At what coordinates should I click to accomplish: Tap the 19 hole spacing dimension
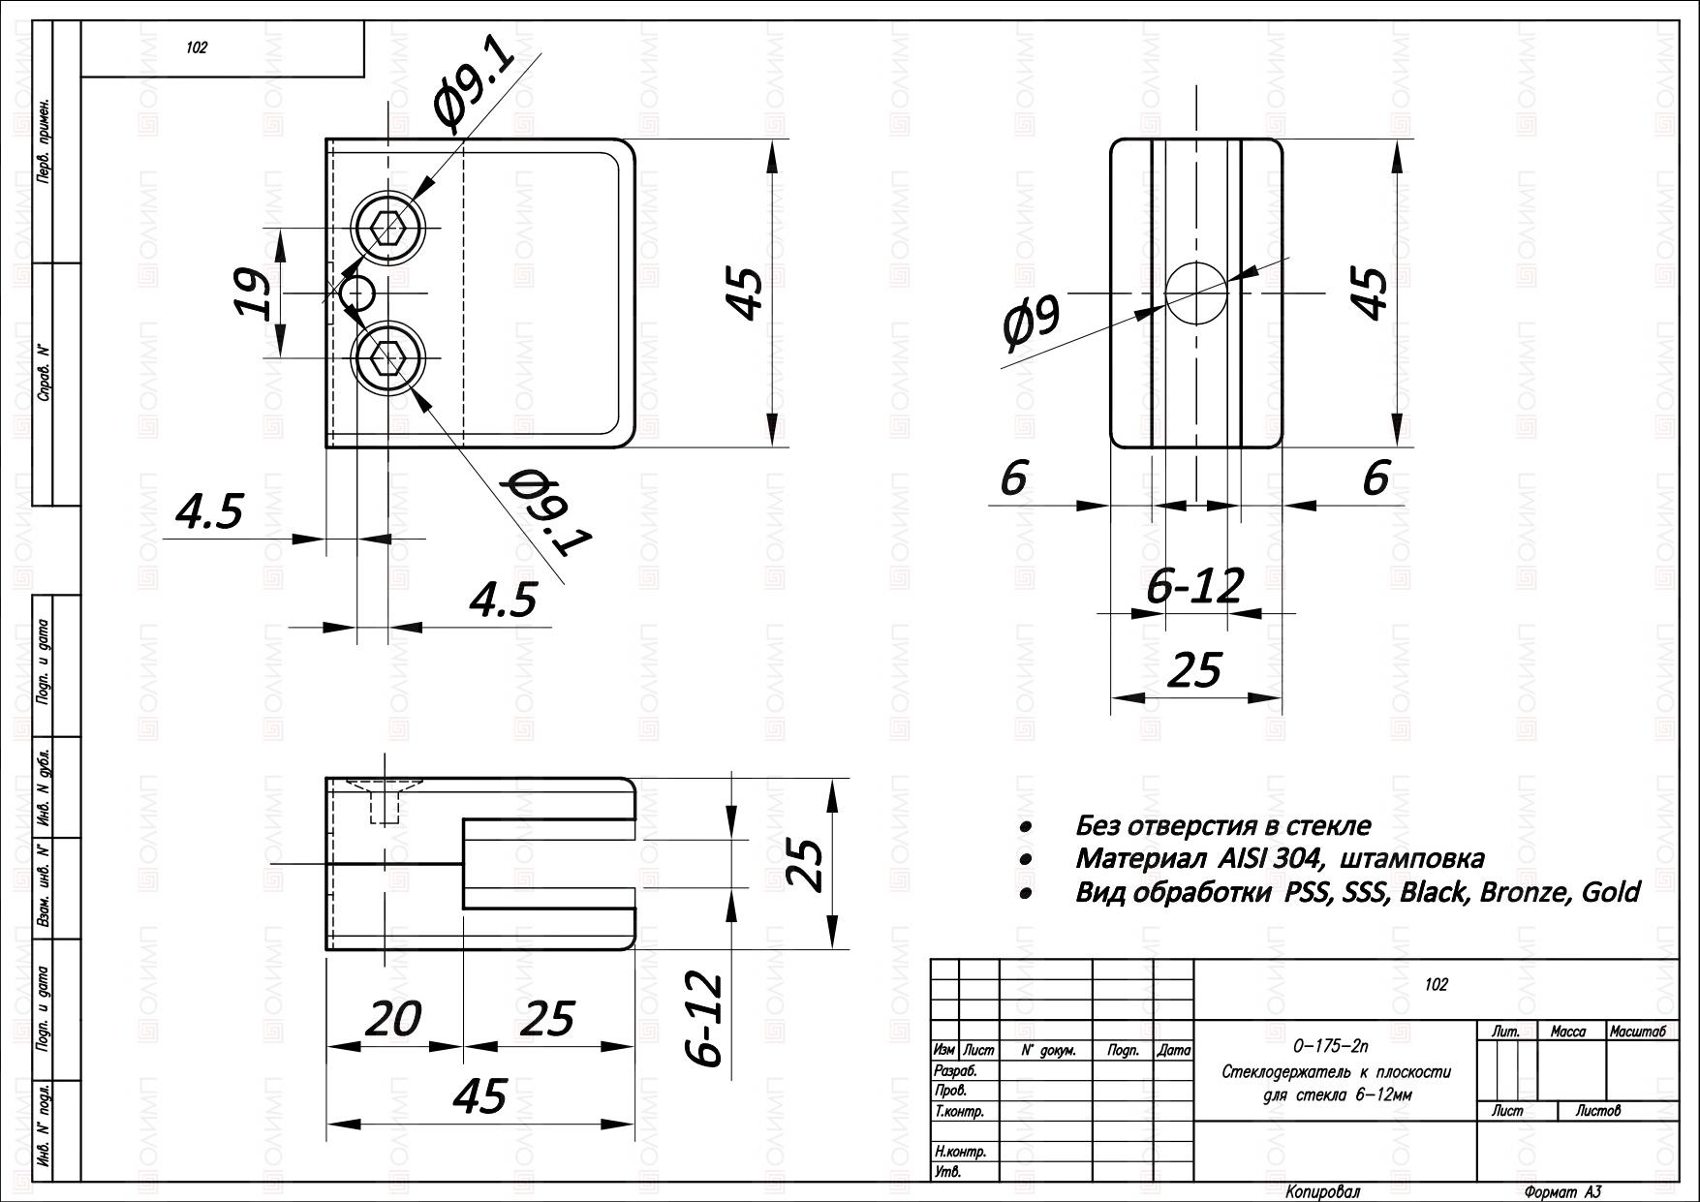[x=254, y=293]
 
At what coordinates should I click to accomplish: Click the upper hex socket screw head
[x=389, y=229]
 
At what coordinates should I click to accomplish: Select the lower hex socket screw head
[x=389, y=358]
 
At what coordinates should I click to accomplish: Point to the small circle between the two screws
[x=357, y=293]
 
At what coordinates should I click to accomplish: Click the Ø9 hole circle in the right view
[x=1196, y=293]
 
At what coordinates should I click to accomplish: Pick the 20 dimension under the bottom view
[x=395, y=1020]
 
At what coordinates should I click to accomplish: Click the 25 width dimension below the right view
[x=1197, y=670]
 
